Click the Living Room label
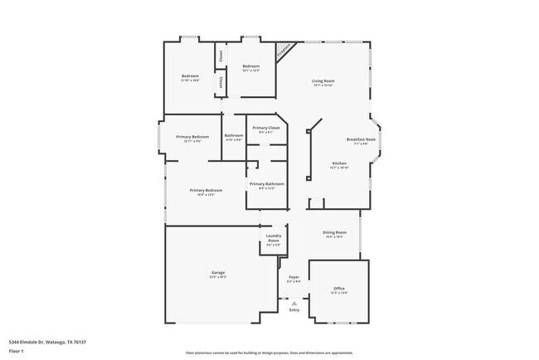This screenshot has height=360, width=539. point(323,81)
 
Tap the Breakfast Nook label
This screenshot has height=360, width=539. point(362,140)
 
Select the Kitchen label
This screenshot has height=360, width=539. point(339,163)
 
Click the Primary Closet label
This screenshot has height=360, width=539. point(266,129)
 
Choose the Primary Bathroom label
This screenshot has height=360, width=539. point(266,184)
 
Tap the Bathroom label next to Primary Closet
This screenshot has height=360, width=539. point(234,136)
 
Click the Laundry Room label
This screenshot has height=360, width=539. point(274,240)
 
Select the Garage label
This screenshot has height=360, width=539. point(218,273)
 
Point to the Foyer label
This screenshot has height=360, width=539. point(294,277)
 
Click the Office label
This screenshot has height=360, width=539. point(339,289)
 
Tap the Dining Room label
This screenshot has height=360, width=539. point(334,233)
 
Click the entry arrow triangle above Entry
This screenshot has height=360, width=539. point(294,304)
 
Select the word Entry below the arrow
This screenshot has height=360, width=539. point(294,310)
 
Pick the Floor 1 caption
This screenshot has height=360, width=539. point(17,351)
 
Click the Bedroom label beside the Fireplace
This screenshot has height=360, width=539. point(250,66)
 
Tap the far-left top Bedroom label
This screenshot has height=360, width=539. point(190,77)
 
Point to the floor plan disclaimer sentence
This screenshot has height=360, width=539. point(269,352)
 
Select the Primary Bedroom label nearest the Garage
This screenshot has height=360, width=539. point(206,191)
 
